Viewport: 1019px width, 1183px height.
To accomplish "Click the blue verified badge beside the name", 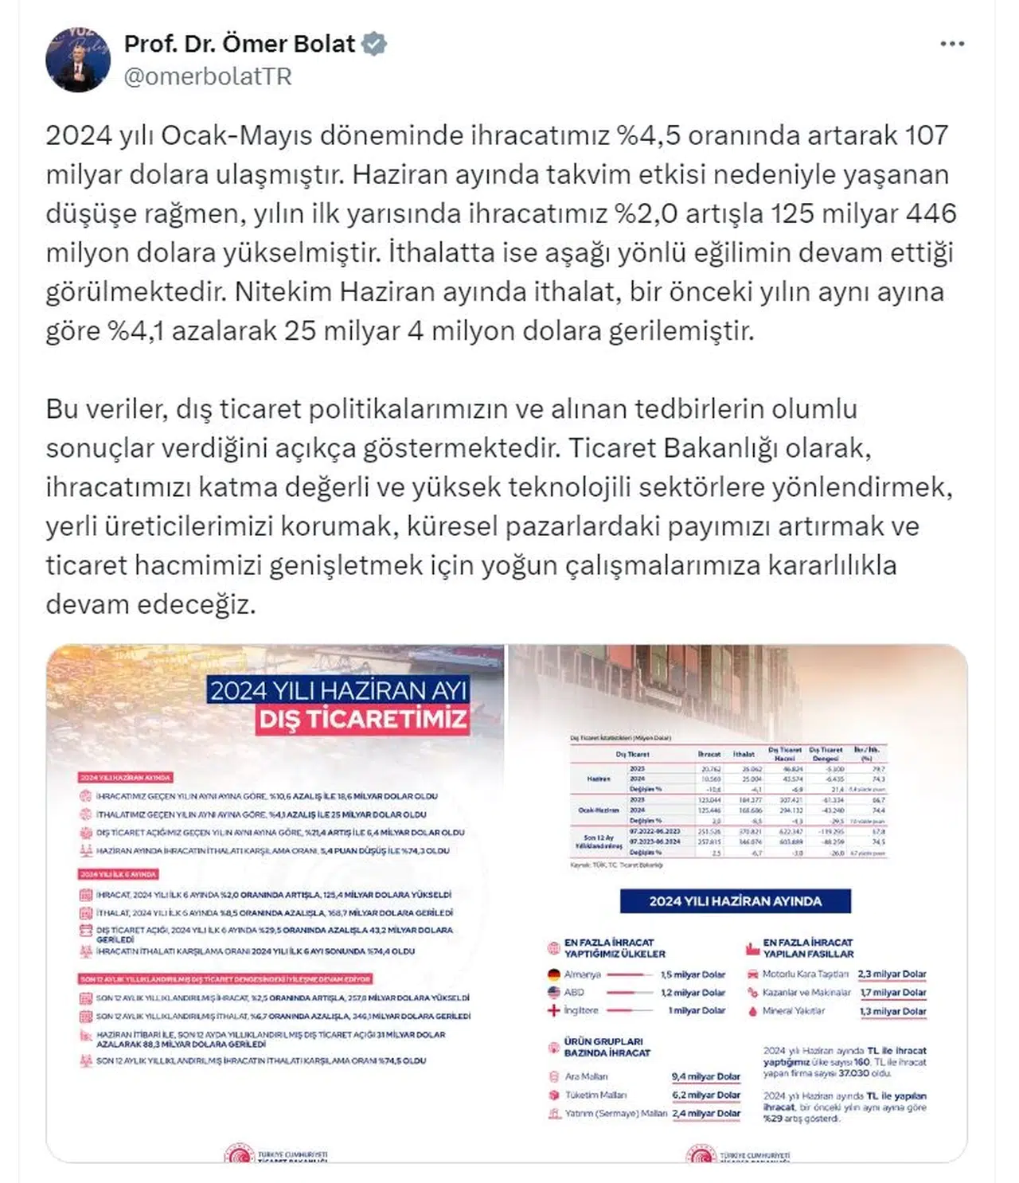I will (x=375, y=45).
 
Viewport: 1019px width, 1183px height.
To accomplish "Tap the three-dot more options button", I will (x=952, y=45).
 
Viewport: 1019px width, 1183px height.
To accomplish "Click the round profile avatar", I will (x=78, y=61).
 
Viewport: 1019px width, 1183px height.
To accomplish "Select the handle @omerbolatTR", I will (x=208, y=76).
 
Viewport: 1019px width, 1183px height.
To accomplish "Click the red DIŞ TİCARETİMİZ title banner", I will (x=363, y=720).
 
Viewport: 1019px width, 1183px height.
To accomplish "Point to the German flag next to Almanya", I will (x=554, y=974).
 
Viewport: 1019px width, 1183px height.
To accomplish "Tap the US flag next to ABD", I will (x=554, y=993).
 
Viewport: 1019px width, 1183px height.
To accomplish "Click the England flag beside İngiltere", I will (x=554, y=1010).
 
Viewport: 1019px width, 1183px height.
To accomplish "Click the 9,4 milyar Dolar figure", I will (x=706, y=1076).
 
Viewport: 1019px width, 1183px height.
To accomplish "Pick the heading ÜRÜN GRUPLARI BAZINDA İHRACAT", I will (x=607, y=1047).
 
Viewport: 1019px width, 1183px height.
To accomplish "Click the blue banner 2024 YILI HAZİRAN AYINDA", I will (x=735, y=901).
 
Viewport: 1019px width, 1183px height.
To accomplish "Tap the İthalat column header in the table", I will (x=744, y=754).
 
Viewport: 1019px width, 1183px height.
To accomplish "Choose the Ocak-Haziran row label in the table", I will (x=598, y=810).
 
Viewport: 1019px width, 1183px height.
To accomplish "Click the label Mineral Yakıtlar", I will (x=794, y=1011).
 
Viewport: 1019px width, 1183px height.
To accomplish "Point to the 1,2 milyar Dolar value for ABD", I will (x=693, y=993).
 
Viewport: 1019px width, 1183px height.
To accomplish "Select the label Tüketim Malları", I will (x=595, y=1095).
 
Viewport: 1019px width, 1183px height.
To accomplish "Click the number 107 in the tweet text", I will (x=926, y=135).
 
